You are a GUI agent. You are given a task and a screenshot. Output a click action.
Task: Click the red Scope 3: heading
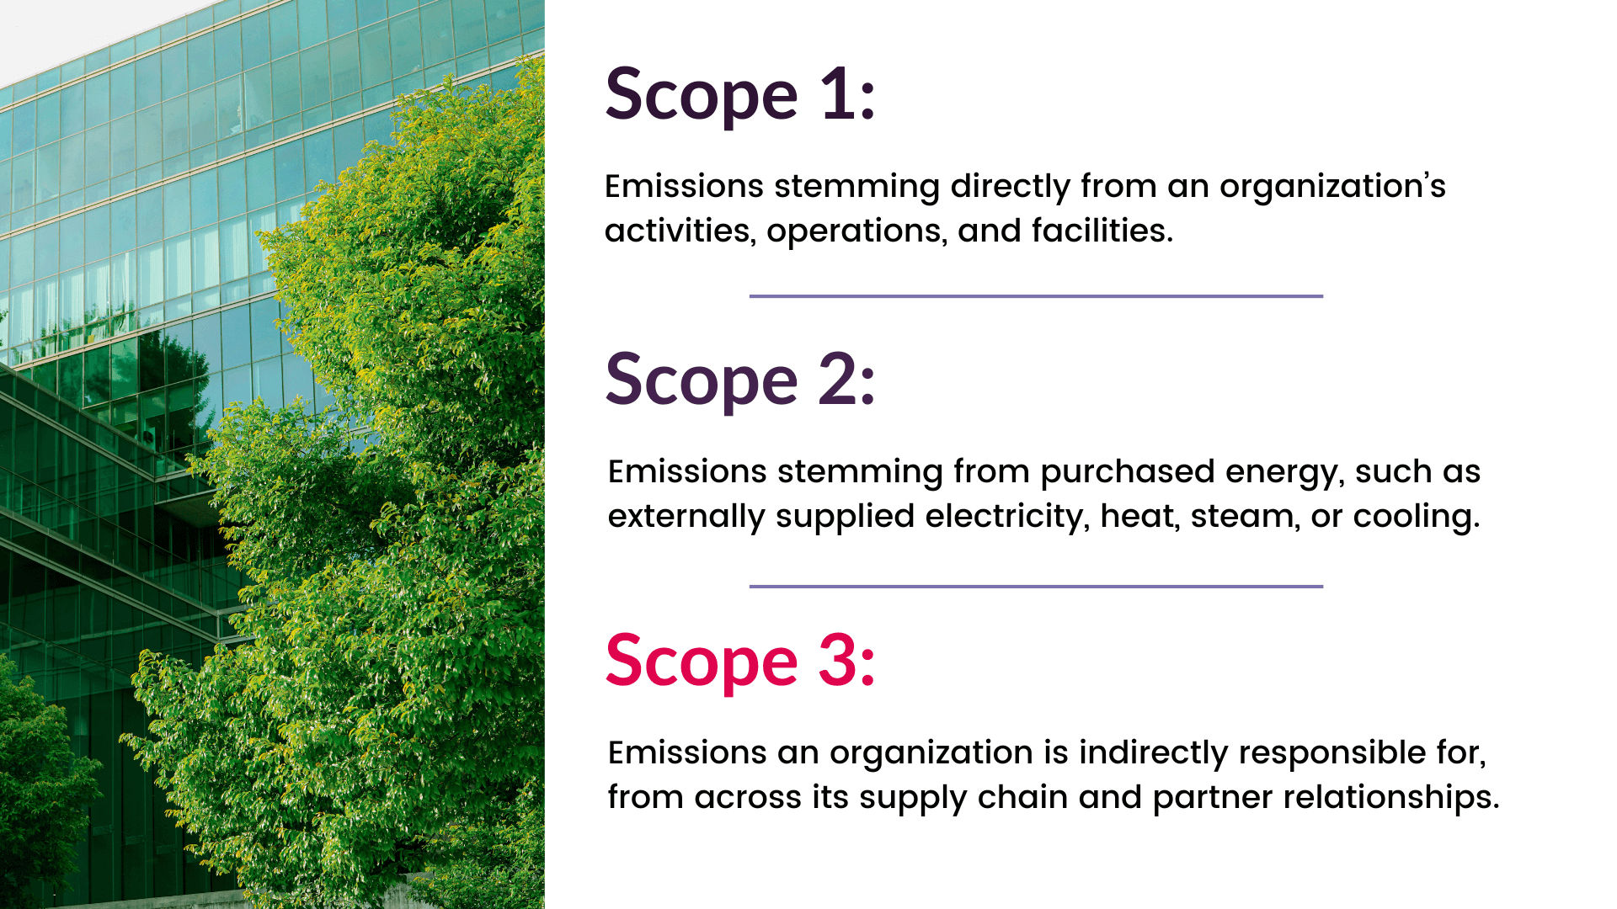[x=740, y=662]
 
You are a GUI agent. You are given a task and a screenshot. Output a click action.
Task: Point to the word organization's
[x=1332, y=187]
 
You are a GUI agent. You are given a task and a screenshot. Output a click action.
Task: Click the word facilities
[x=1102, y=231]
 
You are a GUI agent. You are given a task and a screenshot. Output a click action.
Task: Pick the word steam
[x=1243, y=517]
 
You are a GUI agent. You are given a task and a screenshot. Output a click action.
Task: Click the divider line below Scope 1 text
[x=1036, y=296]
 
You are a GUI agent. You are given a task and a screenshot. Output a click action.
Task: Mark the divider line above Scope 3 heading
[x=1036, y=587]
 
